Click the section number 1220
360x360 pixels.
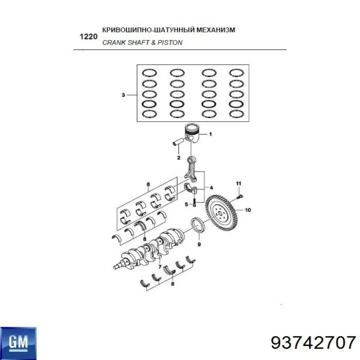[88, 36]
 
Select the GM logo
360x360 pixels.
[18, 343]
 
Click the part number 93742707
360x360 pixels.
[313, 343]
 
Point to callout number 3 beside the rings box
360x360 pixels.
[123, 95]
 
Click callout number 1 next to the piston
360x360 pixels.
[210, 134]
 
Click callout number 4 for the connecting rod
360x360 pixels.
[211, 188]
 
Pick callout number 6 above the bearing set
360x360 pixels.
[148, 184]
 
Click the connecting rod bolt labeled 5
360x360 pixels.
[194, 202]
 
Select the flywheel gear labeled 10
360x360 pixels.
[220, 213]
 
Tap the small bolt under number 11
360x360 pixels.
[240, 197]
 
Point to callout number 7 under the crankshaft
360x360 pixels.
[160, 267]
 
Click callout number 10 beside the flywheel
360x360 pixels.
[248, 210]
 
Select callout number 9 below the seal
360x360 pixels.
[199, 244]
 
